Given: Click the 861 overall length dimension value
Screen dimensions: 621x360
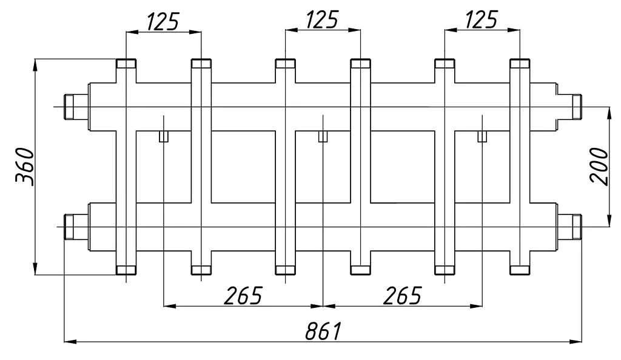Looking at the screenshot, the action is (x=323, y=331).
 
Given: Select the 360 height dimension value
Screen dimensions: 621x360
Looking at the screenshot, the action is (x=25, y=167).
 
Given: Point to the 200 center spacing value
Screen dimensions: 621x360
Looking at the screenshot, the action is (x=599, y=167).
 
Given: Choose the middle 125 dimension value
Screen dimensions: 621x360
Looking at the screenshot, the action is (x=323, y=19).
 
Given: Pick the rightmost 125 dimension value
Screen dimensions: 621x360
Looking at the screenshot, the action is (x=481, y=19).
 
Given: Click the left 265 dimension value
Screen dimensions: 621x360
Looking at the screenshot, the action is (x=243, y=295).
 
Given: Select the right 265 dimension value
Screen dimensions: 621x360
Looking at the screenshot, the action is (x=402, y=295).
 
